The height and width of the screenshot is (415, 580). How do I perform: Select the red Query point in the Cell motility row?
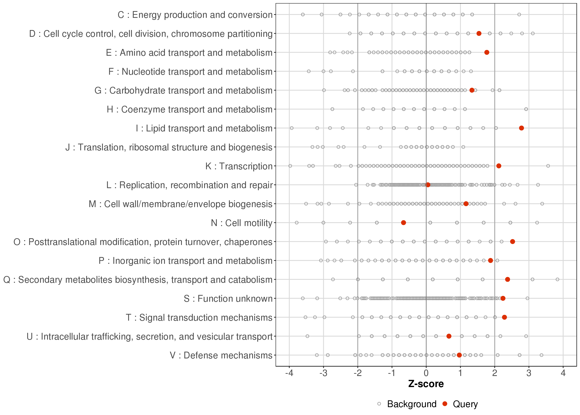coord(404,223)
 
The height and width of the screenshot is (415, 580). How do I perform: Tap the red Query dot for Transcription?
coord(499,166)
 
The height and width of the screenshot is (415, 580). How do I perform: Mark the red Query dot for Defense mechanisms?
coord(459,355)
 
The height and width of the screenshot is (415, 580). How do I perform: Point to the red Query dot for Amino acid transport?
coord(487,52)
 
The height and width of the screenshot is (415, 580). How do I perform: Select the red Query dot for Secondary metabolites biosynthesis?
coord(508,279)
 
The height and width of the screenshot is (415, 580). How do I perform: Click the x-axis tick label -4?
coord(289,373)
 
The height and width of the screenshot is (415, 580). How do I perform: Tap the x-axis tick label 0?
coord(426,373)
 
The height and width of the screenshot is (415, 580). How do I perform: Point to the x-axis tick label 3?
coord(529,373)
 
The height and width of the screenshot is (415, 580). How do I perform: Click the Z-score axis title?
coord(426,384)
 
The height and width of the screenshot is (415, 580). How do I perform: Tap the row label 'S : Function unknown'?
coord(228,299)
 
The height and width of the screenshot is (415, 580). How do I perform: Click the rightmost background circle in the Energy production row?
coord(519,15)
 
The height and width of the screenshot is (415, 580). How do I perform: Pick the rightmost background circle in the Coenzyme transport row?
coord(526,109)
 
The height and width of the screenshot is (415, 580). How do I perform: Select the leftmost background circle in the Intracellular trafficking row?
coord(307,336)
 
